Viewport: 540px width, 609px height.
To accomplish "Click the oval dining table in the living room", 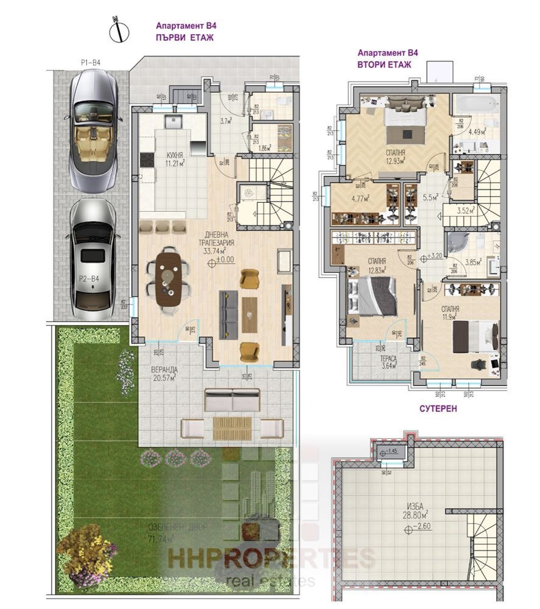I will (x=169, y=278).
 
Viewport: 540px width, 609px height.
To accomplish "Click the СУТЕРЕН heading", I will (x=436, y=409).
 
